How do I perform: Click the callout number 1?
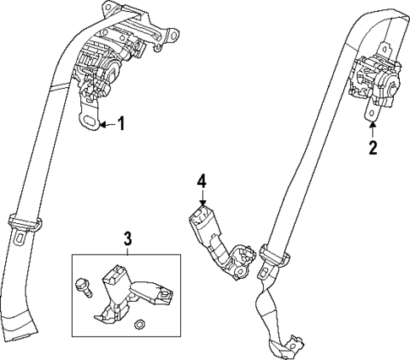click(121, 125)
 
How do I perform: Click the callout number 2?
click(372, 149)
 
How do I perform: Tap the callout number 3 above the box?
click(127, 237)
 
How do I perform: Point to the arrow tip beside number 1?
click(101, 125)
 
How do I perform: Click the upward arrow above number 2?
click(372, 127)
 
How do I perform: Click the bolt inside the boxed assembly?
click(83, 285)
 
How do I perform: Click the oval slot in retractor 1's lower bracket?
click(89, 121)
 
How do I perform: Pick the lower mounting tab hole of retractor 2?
click(370, 110)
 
